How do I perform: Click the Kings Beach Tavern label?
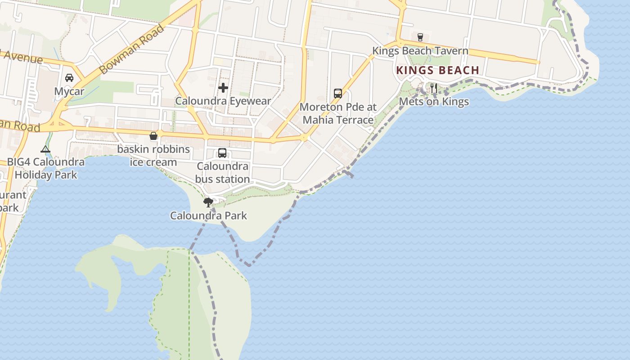click(420, 51)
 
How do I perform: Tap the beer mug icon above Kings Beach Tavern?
click(420, 37)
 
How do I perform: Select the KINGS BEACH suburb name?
click(437, 70)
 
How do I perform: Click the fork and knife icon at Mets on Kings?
click(433, 88)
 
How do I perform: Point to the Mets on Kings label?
click(434, 102)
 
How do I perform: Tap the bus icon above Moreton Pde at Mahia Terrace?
click(338, 93)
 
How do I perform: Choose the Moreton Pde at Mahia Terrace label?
click(338, 113)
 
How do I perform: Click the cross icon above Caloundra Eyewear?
click(223, 87)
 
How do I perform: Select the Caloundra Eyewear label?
click(223, 101)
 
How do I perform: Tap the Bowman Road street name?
click(131, 50)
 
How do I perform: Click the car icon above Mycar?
click(69, 78)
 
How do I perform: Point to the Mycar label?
click(69, 91)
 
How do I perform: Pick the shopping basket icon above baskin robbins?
click(153, 135)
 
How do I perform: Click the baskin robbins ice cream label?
click(153, 155)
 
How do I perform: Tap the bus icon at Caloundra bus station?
click(222, 153)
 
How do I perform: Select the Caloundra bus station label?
click(222, 172)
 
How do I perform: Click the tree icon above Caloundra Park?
click(208, 202)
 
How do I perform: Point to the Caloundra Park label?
click(208, 216)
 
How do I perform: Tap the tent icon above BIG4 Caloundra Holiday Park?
click(45, 149)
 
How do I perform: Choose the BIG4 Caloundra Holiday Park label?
click(45, 168)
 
